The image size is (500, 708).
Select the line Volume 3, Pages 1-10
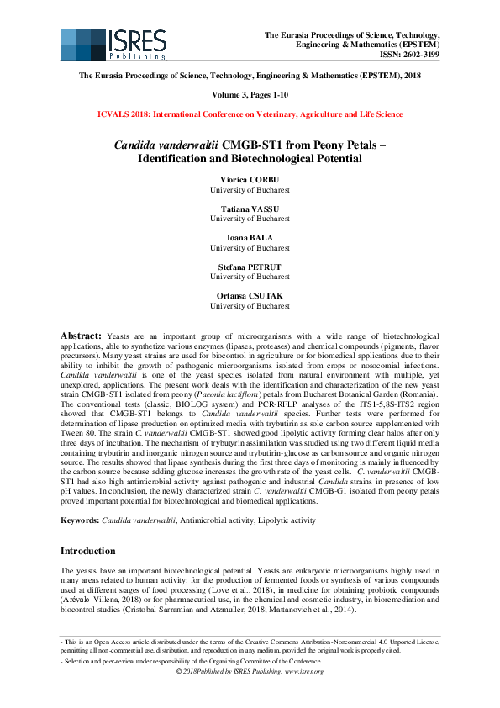click(250, 96)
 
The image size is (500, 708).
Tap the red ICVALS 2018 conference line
click(250, 113)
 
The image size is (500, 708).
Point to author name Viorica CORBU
click(250, 179)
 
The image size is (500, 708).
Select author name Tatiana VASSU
click(250, 209)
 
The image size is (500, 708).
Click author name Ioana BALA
click(250, 238)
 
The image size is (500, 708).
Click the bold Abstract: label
click(82, 336)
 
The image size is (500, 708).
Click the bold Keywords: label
click(80, 521)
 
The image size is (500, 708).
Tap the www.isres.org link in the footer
click(308, 671)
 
